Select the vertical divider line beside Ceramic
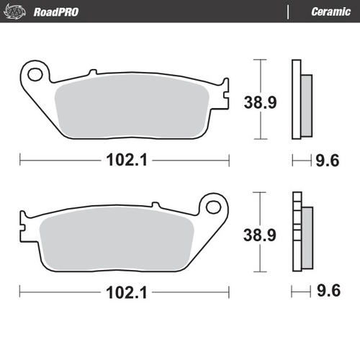click(x=288, y=12)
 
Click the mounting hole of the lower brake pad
click(x=212, y=207)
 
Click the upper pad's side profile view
click(x=300, y=100)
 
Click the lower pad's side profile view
click(x=300, y=234)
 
